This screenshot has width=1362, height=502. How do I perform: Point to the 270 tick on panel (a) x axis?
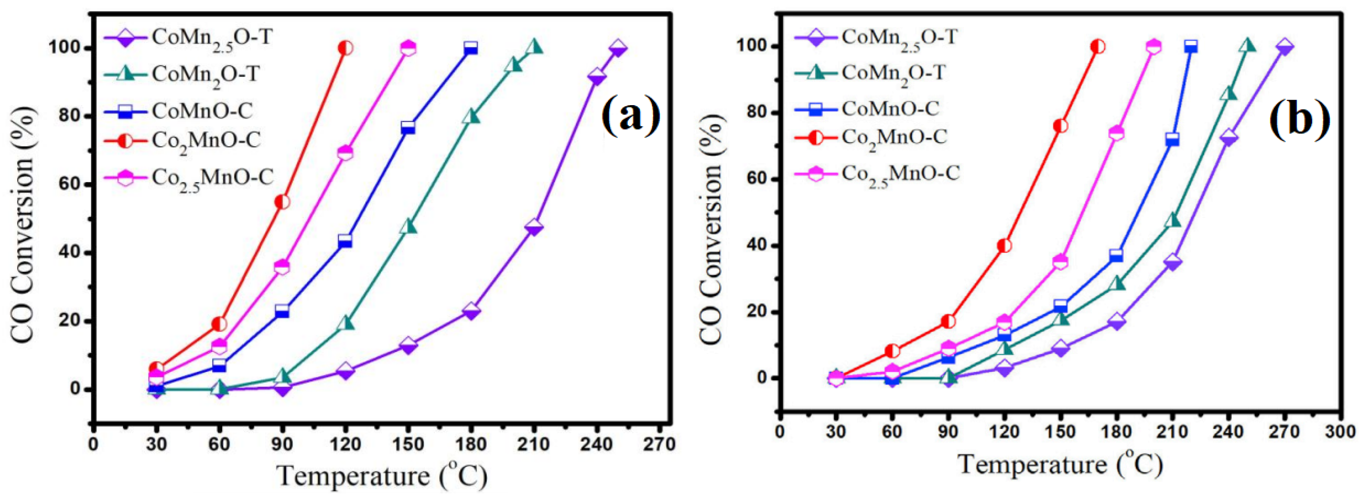[x=659, y=444]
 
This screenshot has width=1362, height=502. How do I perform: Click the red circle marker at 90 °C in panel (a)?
[x=282, y=202]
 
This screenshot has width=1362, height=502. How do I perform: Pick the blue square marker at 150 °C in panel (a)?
[x=408, y=128]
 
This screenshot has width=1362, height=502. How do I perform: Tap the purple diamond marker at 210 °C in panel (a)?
[x=533, y=228]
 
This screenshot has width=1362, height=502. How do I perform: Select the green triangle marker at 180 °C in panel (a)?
[x=470, y=117]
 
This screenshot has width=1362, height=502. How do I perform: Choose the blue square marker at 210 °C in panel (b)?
[x=1172, y=140]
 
